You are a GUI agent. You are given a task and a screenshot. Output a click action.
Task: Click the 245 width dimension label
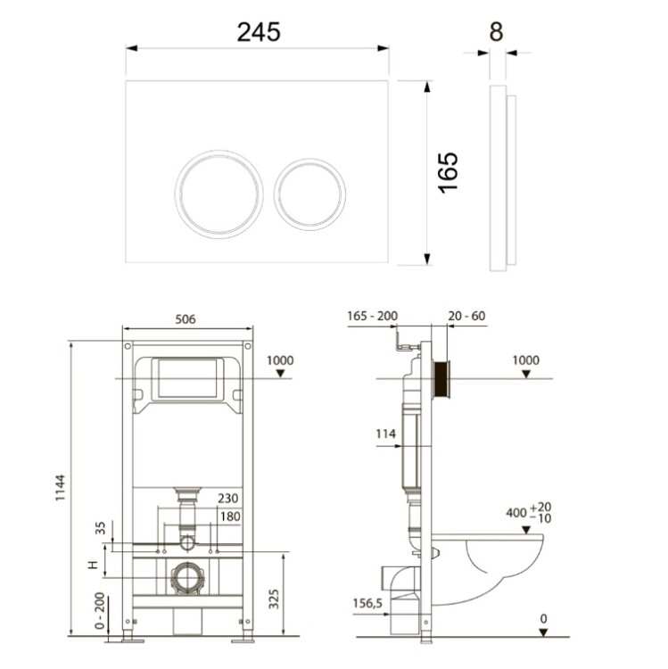(259, 31)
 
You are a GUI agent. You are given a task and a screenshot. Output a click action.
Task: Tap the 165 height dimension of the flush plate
(449, 172)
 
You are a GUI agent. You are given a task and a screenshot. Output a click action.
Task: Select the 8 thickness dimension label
(496, 31)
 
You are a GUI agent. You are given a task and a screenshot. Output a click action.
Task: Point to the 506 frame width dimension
(186, 319)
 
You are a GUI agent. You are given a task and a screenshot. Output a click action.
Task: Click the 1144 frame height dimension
(60, 488)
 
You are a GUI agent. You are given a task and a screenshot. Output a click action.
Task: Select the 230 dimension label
(228, 499)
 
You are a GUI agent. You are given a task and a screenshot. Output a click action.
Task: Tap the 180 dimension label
(230, 516)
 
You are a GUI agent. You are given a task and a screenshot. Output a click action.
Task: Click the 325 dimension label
(274, 599)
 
